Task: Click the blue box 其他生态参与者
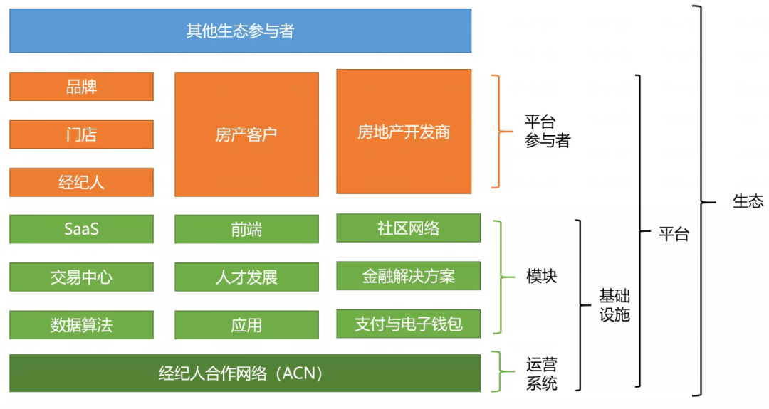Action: pos(240,31)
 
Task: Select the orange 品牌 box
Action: pos(81,87)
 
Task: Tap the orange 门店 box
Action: pos(81,134)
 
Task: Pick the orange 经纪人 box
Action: pos(81,182)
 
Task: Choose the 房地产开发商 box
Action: pos(404,132)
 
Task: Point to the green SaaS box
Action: pos(81,229)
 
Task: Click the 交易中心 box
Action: pos(81,277)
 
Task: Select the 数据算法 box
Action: pos(81,325)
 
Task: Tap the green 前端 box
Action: pos(246,229)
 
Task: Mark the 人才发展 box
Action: pos(246,277)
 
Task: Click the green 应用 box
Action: pos(246,325)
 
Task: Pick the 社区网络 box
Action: pos(409,228)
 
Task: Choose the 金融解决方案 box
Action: pos(409,276)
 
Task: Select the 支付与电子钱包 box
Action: pos(409,324)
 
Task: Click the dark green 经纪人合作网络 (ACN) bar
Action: pos(245,373)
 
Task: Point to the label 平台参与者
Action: pos(547,132)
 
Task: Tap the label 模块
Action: pos(541,277)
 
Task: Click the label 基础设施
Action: pos(614,305)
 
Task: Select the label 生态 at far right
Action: pos(748,201)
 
